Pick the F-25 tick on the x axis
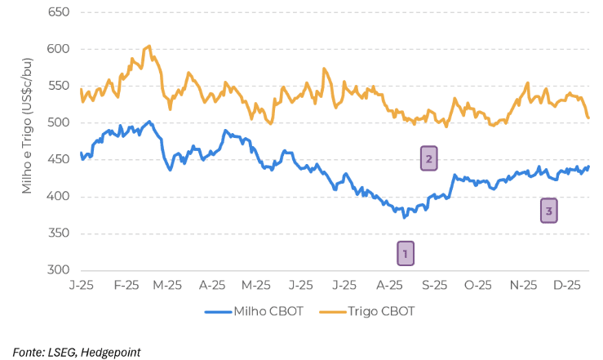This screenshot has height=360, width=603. tap(126, 286)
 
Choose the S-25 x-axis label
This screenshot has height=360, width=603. tap(434, 286)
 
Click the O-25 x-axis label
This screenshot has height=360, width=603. tap(478, 286)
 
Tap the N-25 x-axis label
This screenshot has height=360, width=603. tap(523, 286)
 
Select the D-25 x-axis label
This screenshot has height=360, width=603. tap(567, 286)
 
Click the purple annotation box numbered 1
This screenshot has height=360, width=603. tap(406, 254)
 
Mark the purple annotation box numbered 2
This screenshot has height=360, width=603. tap(429, 158)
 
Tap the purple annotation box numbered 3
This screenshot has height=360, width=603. tap(549, 211)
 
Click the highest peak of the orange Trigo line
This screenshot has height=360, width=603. tap(149, 46)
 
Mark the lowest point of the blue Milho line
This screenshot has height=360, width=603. tap(405, 217)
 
